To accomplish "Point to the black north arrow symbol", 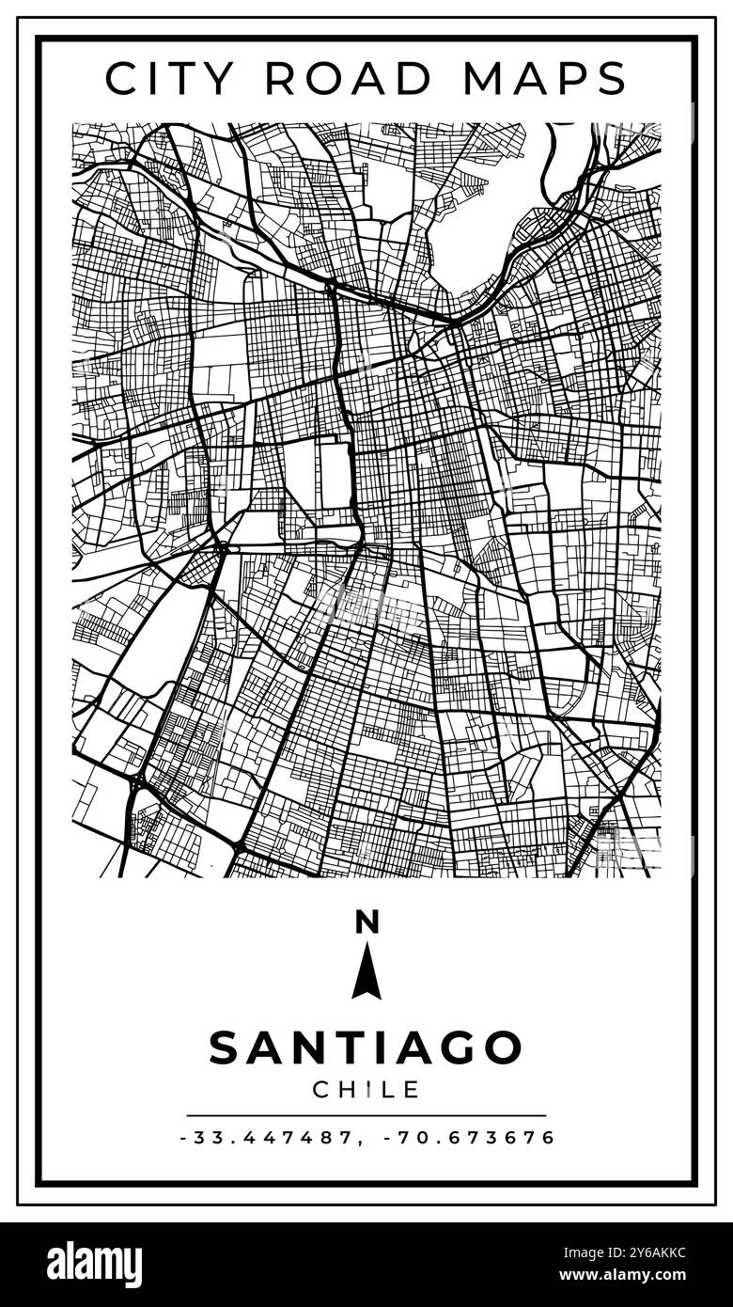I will [366, 972].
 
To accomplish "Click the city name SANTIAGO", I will [366, 1047].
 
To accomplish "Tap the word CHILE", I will [366, 1090].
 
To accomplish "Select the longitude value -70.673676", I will [470, 1138].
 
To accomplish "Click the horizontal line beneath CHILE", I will [366, 1115].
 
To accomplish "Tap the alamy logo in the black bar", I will [94, 1265].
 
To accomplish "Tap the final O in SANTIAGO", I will [504, 1047].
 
